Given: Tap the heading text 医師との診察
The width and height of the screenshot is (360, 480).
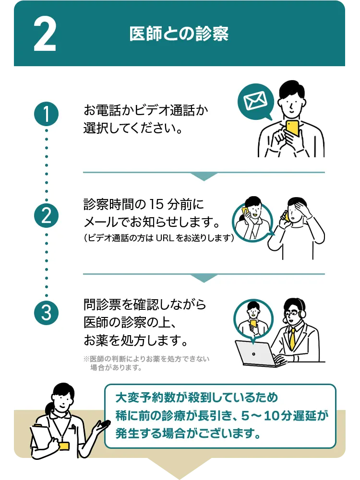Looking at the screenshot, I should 179,34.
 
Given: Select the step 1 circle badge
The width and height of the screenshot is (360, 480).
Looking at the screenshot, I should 47,115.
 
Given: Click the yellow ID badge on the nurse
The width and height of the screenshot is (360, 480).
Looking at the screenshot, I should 63,445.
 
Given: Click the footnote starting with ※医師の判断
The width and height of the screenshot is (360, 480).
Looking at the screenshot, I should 146,363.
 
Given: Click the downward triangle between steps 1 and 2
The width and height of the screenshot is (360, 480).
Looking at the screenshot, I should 204,176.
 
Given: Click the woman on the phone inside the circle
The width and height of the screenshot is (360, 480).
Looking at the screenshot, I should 252,218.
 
